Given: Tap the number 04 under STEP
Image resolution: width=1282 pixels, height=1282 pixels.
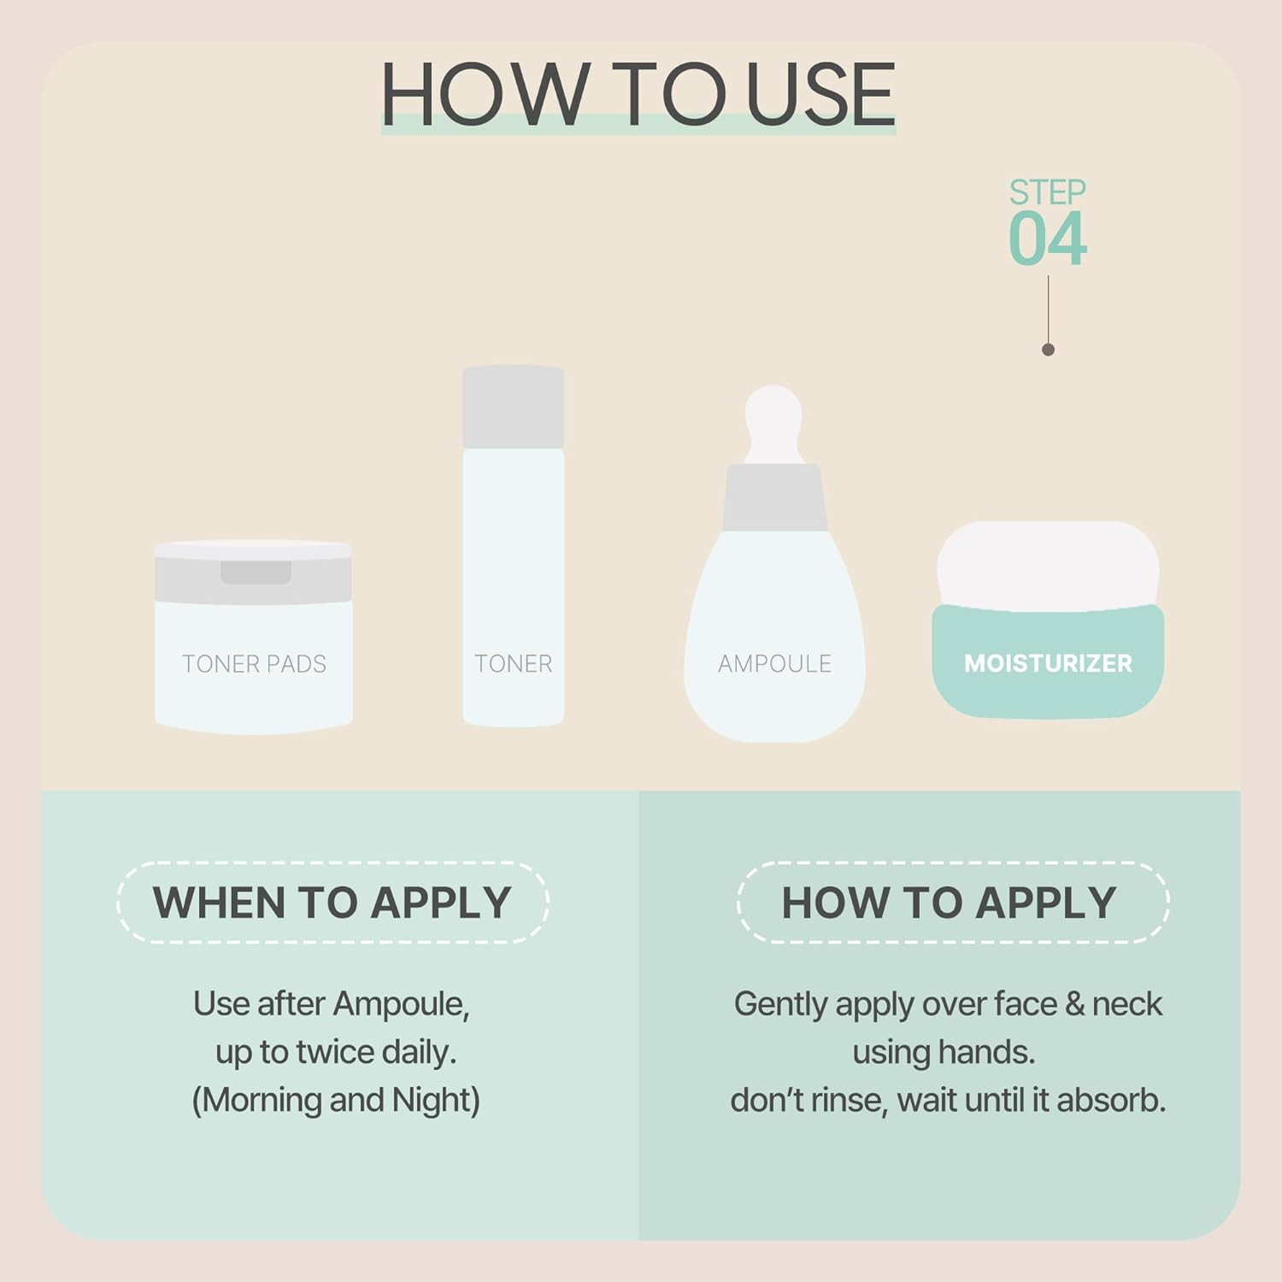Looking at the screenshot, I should (x=1047, y=239).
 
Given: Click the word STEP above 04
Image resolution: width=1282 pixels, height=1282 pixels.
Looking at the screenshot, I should (x=1047, y=192).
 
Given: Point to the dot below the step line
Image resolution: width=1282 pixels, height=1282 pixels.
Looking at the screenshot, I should (x=1049, y=350).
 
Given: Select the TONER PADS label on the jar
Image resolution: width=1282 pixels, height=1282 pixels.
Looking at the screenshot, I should (x=254, y=664).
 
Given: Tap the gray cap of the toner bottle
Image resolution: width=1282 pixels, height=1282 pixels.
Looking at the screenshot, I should (x=513, y=407).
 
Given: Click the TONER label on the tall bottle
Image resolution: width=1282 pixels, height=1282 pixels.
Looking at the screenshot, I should (x=513, y=664).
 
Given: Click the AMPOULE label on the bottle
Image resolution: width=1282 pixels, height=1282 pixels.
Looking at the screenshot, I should (x=774, y=664).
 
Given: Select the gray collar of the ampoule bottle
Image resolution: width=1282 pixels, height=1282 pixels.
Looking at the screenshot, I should (x=774, y=497).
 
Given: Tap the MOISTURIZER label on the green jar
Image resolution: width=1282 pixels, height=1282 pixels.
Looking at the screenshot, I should (x=1048, y=663).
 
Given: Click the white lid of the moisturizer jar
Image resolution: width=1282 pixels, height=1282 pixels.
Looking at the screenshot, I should (x=1048, y=564).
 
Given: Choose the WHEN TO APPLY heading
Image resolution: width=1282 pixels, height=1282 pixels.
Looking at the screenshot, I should (x=332, y=903).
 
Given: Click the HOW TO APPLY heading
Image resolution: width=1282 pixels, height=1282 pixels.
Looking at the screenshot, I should (x=949, y=903).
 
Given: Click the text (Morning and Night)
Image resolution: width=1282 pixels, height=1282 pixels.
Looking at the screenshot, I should (x=335, y=1100).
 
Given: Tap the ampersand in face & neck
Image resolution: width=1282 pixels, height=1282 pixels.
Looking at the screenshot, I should (x=1074, y=1004).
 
